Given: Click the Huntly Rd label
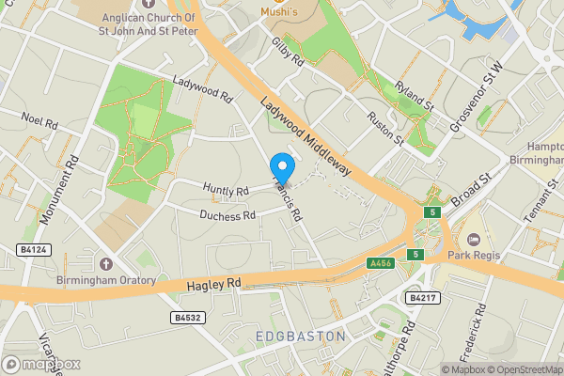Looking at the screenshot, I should click(x=228, y=191).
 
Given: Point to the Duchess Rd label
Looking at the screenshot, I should click(x=227, y=215).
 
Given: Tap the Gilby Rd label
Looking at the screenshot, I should click(x=288, y=52).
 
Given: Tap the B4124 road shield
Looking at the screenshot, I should click(x=34, y=250).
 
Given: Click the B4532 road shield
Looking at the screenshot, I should click(x=189, y=318).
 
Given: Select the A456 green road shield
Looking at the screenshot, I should click(x=380, y=264).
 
